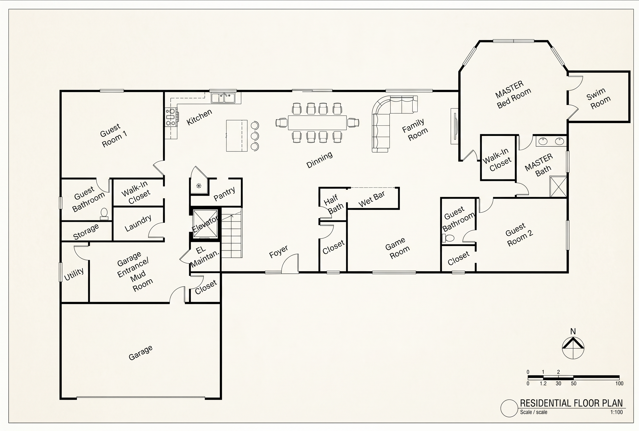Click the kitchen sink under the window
pos(223,98)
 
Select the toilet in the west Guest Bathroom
pos(104,214)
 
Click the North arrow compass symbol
pos(573,347)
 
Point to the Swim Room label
pos(598,98)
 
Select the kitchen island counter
pos(237,135)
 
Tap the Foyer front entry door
pos(290,264)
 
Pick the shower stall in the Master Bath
pos(558,186)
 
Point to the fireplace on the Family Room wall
pos(454,126)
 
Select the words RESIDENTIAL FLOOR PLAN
pos(571,403)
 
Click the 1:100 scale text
pos(616,412)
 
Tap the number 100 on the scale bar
pos(619,383)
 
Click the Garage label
pos(141,353)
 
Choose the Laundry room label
pos(138,223)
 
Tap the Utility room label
pos(74,274)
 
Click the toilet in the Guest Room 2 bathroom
pos(448,238)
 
